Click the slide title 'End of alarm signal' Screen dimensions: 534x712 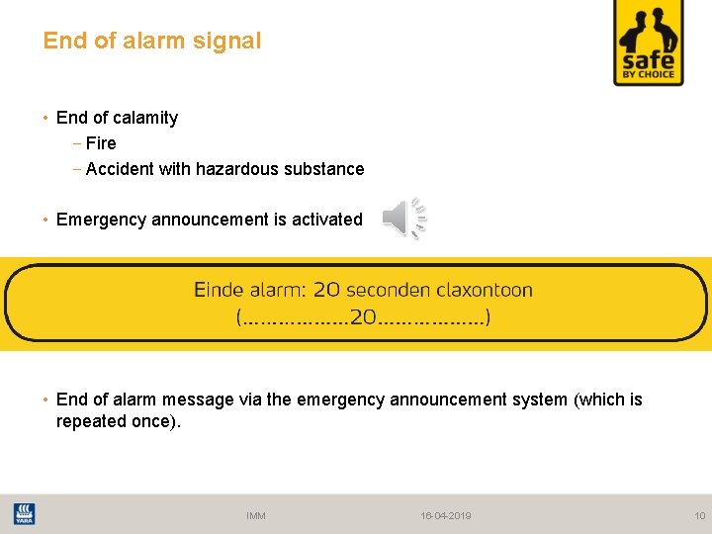pos(152,42)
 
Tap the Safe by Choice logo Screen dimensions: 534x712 pos(649,43)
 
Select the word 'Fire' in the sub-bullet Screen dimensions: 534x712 pos(101,143)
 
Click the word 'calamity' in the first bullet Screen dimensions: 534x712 pos(145,118)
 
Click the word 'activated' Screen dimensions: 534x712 pos(327,220)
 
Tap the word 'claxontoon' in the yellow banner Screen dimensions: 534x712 pos(480,291)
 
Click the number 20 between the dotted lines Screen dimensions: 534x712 pos(363,318)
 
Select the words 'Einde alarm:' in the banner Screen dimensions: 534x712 pos(250,291)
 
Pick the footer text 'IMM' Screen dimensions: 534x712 pos(256,515)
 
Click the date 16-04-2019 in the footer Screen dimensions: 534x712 pos(446,515)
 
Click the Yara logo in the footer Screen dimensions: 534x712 pos(23,514)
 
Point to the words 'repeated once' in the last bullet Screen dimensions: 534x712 pos(117,421)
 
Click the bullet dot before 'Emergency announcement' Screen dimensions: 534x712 pos(46,220)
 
